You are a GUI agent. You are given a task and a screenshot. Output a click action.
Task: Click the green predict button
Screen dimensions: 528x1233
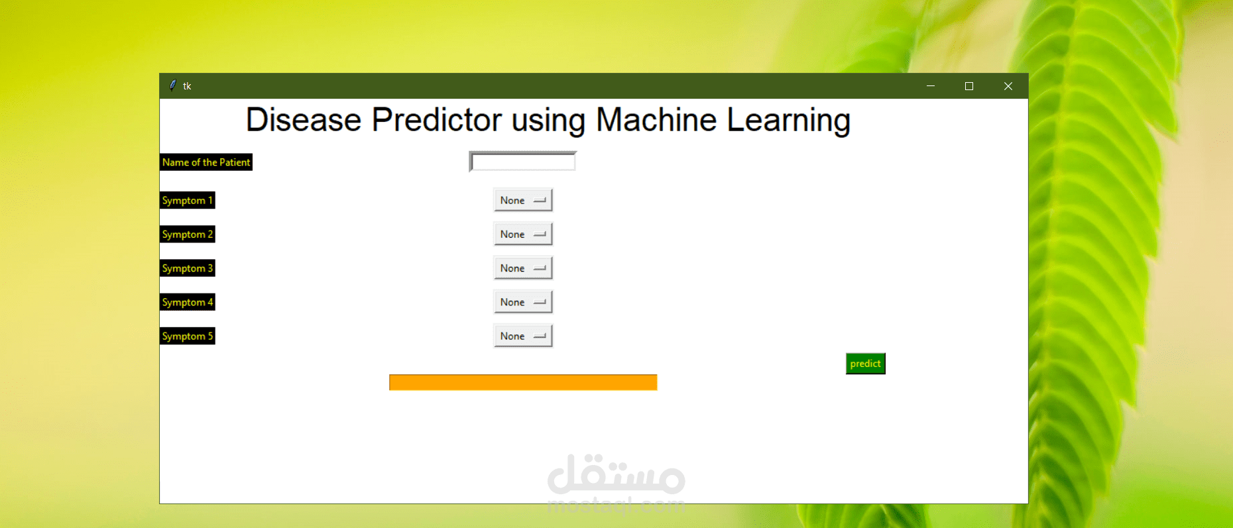coord(865,364)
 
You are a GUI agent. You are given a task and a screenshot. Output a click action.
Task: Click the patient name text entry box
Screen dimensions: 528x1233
coord(522,162)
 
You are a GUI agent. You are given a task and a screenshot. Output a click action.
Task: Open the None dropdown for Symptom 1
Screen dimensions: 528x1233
coord(522,200)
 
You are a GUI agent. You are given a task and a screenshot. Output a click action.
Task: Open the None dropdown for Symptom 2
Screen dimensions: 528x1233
coord(522,234)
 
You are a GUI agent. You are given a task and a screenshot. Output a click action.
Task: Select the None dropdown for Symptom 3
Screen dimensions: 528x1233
coord(522,268)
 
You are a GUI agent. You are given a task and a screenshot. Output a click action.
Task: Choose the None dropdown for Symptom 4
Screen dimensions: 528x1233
coord(522,302)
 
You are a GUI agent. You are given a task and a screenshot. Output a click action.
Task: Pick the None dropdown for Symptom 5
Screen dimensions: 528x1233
coord(522,336)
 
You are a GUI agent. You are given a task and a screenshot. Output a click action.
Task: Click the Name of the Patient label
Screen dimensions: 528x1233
coord(206,162)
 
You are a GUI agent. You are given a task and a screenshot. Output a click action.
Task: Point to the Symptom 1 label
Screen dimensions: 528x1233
coord(188,200)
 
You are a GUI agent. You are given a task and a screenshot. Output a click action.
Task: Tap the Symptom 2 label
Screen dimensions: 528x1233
coord(188,235)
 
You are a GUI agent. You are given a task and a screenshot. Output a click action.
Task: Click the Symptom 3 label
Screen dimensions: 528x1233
coord(188,268)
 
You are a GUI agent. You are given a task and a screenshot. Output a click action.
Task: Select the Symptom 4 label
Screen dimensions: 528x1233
coord(188,302)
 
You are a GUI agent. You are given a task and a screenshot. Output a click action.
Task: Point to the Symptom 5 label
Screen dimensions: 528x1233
coord(188,336)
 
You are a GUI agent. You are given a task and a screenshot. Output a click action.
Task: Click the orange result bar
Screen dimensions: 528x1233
coord(523,382)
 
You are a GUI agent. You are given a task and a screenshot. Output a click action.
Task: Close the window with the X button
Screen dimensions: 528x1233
coord(1008,86)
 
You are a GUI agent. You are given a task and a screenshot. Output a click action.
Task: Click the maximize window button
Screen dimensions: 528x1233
coord(969,86)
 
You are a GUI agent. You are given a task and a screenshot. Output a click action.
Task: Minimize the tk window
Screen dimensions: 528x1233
coord(931,86)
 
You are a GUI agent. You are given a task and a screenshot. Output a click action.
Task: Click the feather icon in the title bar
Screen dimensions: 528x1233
coord(173,85)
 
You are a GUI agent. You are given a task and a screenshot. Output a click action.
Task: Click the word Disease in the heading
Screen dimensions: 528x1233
coord(304,121)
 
